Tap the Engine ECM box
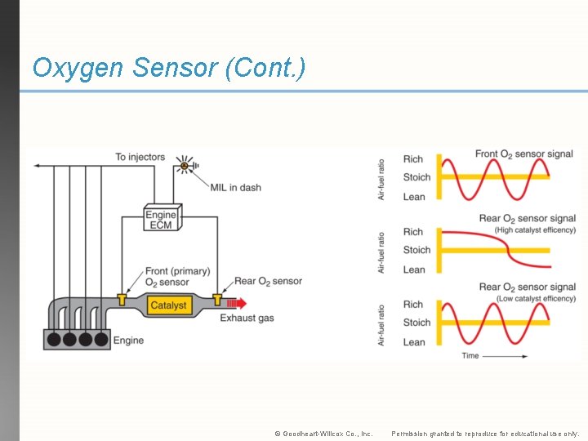pyautogui.click(x=161, y=219)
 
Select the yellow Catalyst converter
pyautogui.click(x=168, y=305)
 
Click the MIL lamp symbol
pyautogui.click(x=185, y=166)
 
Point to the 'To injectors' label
pyautogui.click(x=140, y=157)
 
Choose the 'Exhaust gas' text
pyautogui.click(x=247, y=318)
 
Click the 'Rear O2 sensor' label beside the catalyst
pyautogui.click(x=268, y=281)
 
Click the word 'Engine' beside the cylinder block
pyautogui.click(x=128, y=340)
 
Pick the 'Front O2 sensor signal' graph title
pyautogui.click(x=512, y=154)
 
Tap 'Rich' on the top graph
pyautogui.click(x=413, y=159)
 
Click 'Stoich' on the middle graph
pyautogui.click(x=416, y=250)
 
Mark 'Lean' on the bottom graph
pyautogui.click(x=414, y=342)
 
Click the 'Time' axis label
pyautogui.click(x=470, y=356)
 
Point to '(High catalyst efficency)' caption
pyautogui.click(x=535, y=230)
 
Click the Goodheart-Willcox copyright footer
pyautogui.click(x=323, y=434)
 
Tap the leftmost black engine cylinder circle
pyautogui.click(x=54, y=338)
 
